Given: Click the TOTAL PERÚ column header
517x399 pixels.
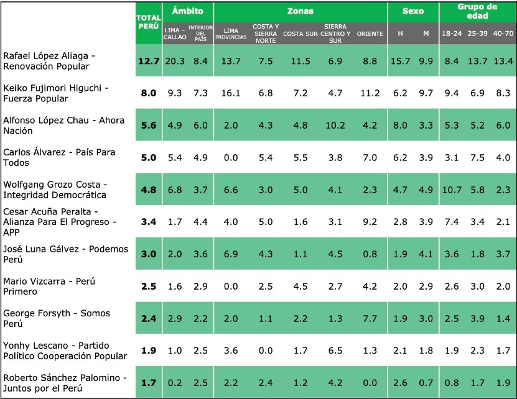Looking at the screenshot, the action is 149,22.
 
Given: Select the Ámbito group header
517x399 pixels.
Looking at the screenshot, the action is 188,11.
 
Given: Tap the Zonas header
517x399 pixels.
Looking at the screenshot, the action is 300,11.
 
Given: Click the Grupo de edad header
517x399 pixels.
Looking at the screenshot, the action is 477,11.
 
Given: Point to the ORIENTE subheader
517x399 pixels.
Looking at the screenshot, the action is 370,34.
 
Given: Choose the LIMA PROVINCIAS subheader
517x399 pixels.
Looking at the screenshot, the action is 231,34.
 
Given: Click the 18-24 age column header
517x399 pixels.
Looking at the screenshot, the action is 452,34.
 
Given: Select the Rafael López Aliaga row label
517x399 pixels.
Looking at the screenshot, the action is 49,61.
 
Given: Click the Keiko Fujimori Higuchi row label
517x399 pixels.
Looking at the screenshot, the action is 56,93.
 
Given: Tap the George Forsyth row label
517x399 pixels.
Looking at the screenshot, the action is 57,318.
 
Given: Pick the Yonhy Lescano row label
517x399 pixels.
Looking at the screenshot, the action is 65,351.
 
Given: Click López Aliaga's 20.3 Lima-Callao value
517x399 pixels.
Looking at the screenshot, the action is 175,61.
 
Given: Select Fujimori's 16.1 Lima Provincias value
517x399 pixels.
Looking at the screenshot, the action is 231,93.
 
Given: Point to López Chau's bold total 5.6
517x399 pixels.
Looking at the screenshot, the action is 149,126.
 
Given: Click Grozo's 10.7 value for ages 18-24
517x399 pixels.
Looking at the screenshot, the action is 452,190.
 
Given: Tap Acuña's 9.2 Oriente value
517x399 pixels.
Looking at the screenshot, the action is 370,222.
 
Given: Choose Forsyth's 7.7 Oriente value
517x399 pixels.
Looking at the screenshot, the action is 370,319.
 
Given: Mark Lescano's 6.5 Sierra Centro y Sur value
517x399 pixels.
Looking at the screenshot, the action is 335,351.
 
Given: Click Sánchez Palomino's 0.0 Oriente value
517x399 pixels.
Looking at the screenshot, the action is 370,383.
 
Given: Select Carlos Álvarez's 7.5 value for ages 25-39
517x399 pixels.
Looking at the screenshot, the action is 477,157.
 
